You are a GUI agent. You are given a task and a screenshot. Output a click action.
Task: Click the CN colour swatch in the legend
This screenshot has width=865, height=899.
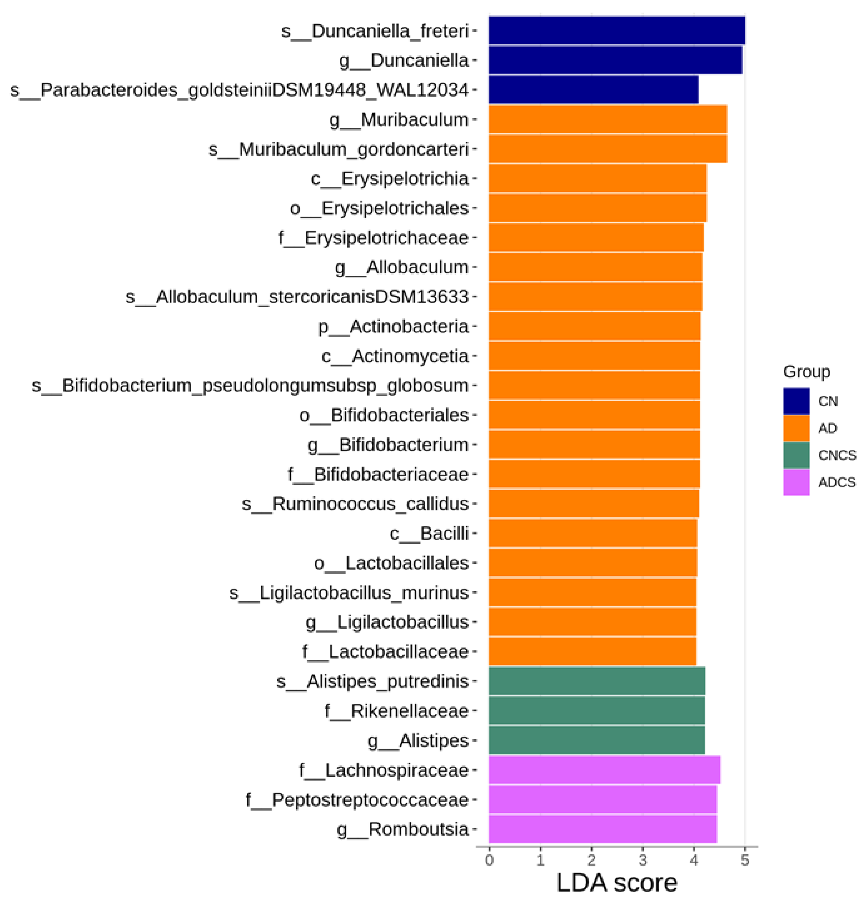(796, 401)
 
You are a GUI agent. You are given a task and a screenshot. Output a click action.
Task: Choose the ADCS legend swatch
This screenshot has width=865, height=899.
(796, 482)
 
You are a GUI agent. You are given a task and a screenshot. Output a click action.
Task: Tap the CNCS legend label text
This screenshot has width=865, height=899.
(837, 455)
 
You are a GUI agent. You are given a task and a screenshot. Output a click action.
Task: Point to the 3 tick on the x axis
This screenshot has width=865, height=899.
(643, 860)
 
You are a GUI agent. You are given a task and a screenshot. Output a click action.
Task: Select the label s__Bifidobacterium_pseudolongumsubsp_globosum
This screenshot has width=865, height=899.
(250, 385)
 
